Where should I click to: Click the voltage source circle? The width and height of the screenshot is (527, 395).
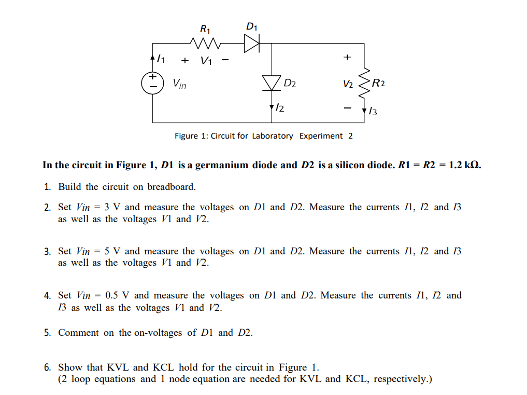pos(152,83)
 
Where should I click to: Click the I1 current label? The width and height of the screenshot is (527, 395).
pos(161,60)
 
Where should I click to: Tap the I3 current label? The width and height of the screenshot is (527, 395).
pos(373,111)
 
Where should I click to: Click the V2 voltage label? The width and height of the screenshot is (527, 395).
pos(348,84)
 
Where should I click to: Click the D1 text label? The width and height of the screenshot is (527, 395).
pos(252,26)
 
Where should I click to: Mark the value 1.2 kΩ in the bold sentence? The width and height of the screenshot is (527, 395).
pos(465,165)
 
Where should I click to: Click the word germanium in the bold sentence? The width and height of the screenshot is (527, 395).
pos(226,165)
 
